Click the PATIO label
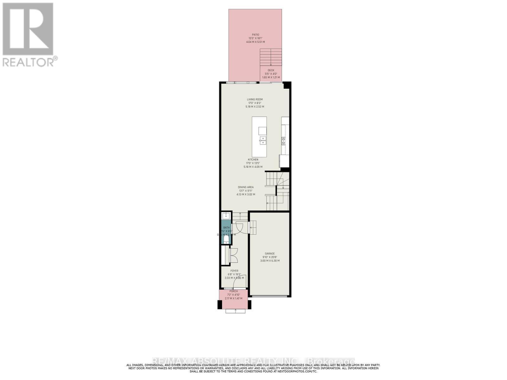[255, 35]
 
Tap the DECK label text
[271, 70]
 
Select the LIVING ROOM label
[255, 99]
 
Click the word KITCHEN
[253, 160]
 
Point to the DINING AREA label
[246, 187]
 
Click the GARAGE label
[270, 253]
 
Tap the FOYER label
[234, 271]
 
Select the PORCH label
[234, 291]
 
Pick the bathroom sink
[226, 216]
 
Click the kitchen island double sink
[262, 141]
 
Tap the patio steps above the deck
[271, 57]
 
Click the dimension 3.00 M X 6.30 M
[270, 261]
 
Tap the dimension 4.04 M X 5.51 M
[255, 42]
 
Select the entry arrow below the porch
[235, 311]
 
